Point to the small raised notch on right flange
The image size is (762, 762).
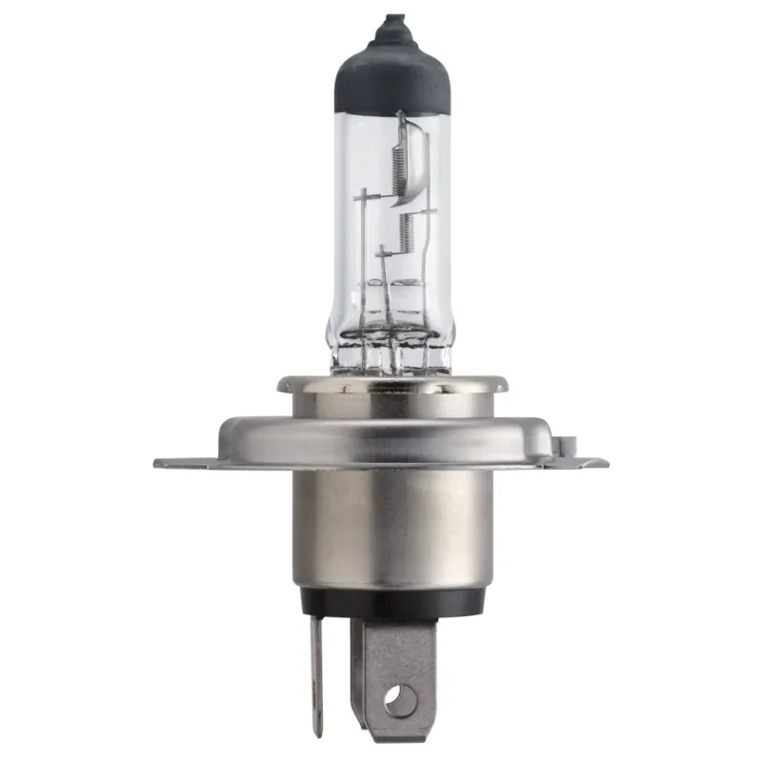click(x=570, y=444)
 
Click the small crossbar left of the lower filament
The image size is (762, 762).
click(x=383, y=253)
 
